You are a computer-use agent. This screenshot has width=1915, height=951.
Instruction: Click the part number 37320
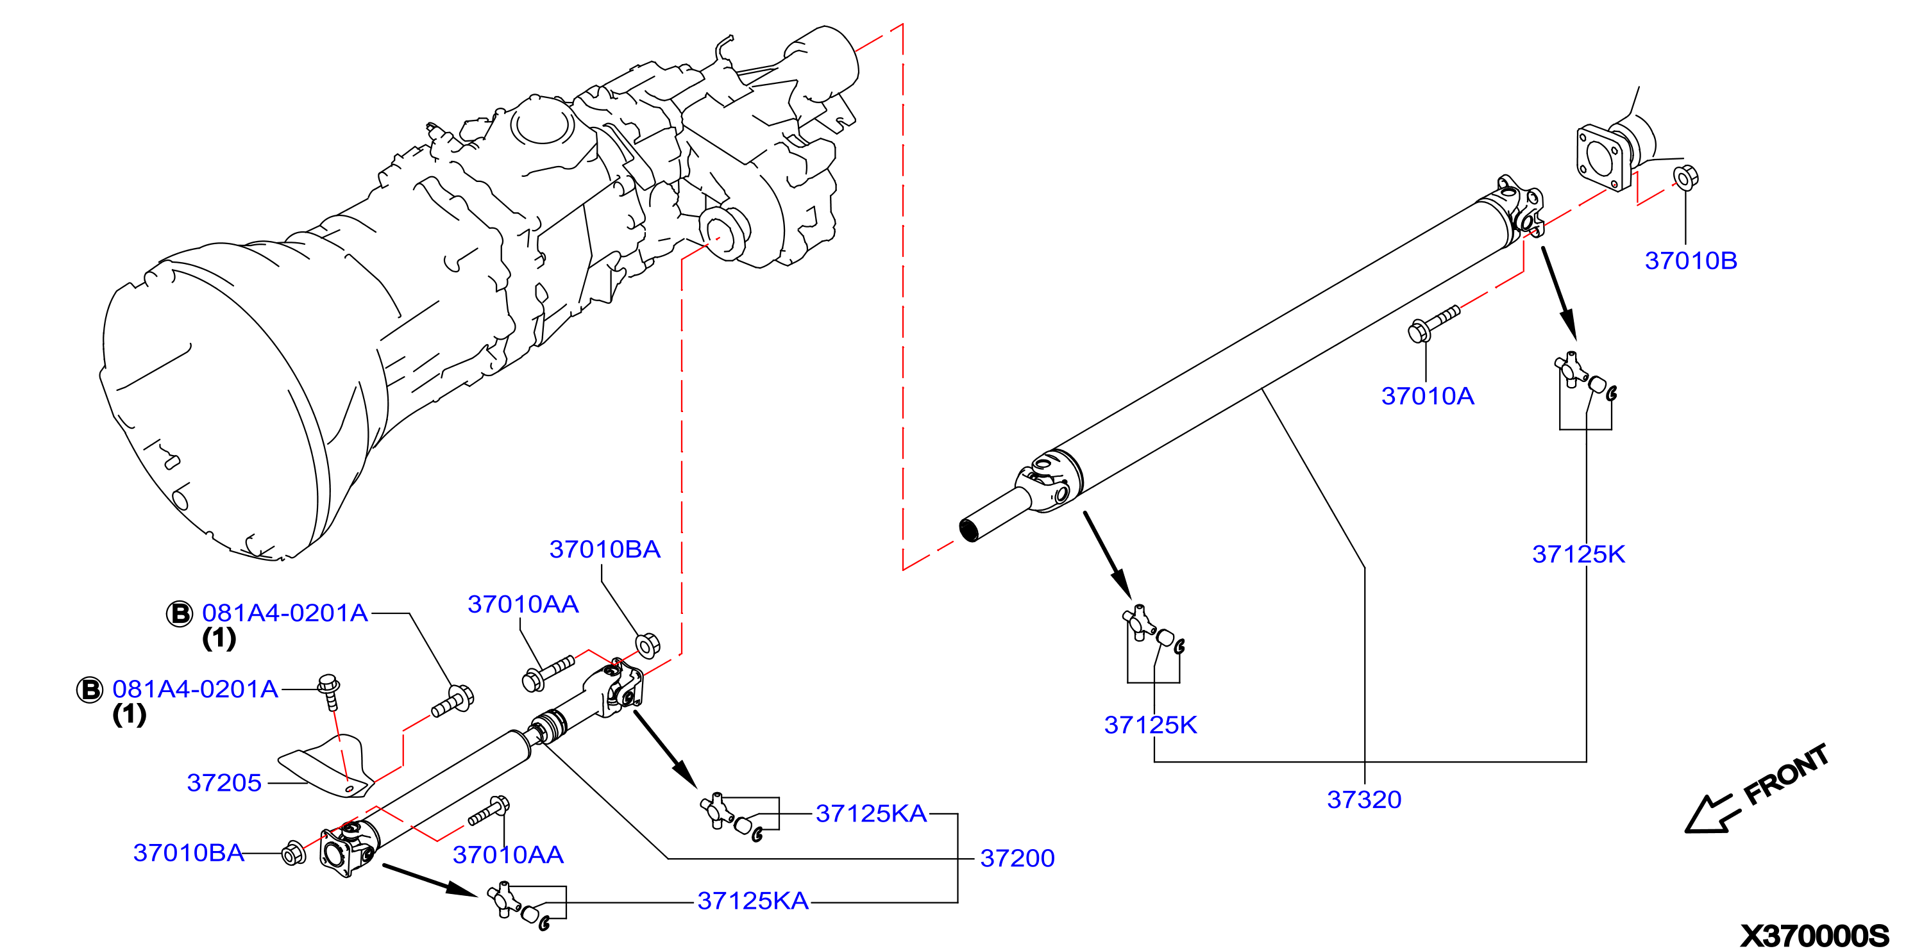(1364, 799)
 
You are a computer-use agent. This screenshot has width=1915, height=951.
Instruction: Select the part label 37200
(1017, 858)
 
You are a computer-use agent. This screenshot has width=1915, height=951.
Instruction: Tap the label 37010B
(1691, 261)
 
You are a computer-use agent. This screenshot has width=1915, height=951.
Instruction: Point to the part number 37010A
(1428, 396)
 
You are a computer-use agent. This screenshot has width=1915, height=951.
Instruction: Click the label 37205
(224, 782)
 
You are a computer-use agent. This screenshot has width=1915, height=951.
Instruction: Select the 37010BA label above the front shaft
(604, 549)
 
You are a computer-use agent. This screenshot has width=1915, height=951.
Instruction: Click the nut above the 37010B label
(1685, 177)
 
